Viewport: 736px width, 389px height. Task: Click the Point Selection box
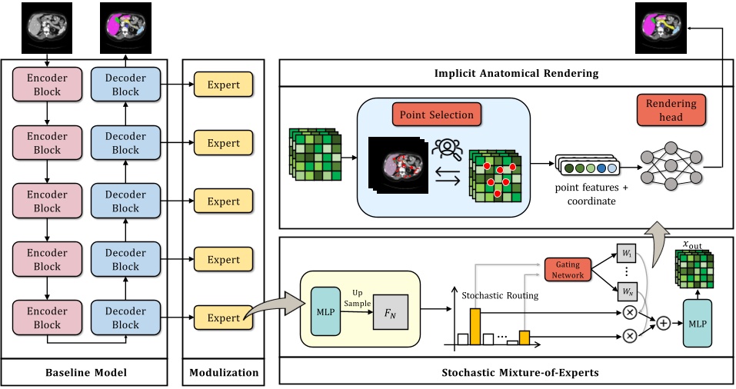click(437, 115)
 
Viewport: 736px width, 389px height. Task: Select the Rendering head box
click(671, 110)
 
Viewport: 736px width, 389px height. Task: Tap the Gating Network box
click(568, 270)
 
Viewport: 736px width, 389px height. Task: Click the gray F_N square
click(391, 313)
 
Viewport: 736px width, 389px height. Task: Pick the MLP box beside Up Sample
click(326, 311)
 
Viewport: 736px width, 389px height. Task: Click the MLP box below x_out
click(697, 324)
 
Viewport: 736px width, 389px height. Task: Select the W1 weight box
click(627, 254)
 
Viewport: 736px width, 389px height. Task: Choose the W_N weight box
click(627, 292)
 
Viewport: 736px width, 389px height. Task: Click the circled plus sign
click(663, 324)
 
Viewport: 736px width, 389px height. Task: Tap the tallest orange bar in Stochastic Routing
click(475, 327)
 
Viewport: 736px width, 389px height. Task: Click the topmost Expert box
click(224, 85)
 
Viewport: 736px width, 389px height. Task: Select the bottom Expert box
click(224, 318)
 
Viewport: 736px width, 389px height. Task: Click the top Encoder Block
click(47, 85)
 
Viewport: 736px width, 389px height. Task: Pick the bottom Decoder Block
click(125, 318)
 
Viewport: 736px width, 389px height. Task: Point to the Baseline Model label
click(86, 373)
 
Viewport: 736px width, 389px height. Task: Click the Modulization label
click(224, 373)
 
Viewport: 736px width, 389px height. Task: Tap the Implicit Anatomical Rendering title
click(516, 73)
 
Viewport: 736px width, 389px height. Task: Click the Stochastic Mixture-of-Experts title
click(520, 373)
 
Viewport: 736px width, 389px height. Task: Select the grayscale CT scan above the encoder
click(47, 28)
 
